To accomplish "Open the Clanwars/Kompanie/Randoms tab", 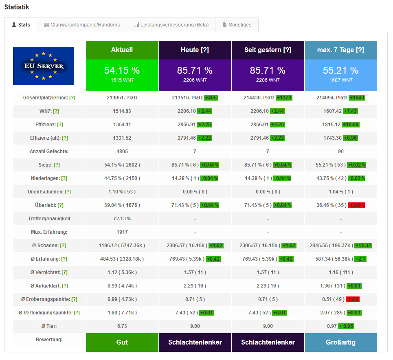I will pos(81,25).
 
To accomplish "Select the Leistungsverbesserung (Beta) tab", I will pos(171,25).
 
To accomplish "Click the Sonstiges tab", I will pos(237,25).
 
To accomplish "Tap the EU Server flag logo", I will pos(44,66).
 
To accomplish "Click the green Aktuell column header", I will pos(122,50).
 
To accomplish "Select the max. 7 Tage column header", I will pos(340,50).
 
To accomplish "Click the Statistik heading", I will pos(17,7).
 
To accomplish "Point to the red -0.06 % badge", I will pos(356,205).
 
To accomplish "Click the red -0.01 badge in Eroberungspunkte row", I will pos(353,299).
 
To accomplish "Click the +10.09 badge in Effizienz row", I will pos(351,125).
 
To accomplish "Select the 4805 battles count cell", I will pos(122,151).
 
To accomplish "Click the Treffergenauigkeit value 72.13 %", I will pos(122,219).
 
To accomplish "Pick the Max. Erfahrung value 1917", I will pos(122,232).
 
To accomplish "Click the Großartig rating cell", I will pos(340,342).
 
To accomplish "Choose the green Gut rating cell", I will pos(122,342).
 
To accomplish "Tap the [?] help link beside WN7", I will pos(56,111).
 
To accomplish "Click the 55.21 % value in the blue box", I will pos(340,70).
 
